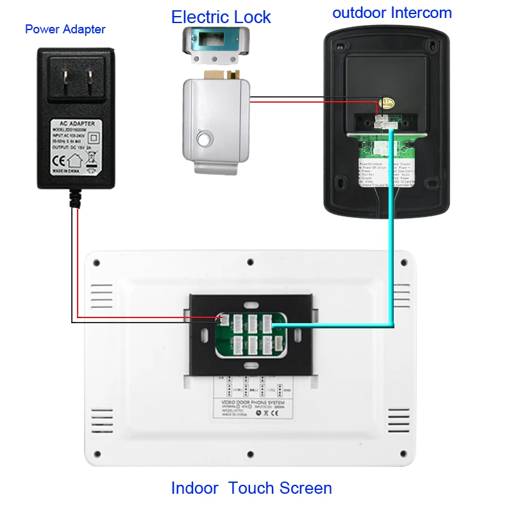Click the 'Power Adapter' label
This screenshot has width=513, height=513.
tap(65, 29)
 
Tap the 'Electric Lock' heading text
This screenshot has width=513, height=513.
tap(221, 17)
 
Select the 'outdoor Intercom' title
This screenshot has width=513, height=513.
tap(392, 13)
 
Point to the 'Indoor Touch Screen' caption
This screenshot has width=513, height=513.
tap(251, 488)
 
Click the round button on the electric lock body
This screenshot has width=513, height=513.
tap(205, 138)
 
